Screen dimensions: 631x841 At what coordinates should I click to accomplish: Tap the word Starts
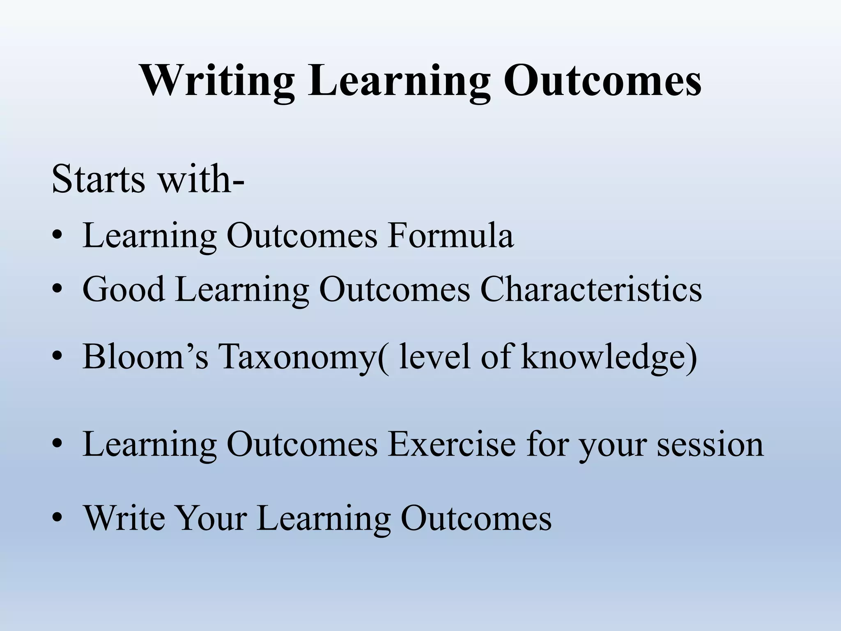point(99,180)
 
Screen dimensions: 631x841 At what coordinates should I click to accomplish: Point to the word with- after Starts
point(201,180)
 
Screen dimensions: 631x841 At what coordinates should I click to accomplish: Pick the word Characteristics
point(591,290)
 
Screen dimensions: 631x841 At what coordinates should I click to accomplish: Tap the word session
point(710,445)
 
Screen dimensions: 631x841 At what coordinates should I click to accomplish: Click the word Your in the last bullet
point(212,518)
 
